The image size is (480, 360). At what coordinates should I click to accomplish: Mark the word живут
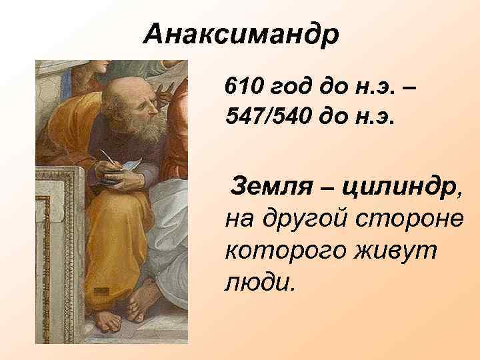click(x=394, y=251)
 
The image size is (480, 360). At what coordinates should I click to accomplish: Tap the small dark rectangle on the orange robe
click(x=101, y=291)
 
